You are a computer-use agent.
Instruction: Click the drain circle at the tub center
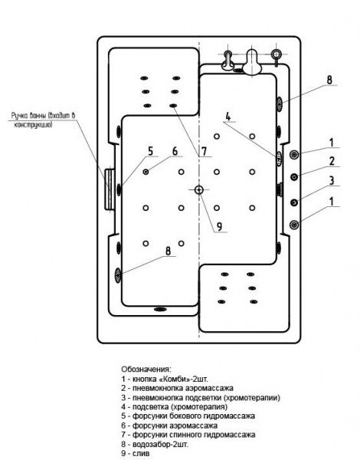pos(199,190)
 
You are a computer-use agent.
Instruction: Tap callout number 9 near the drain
pos(219,226)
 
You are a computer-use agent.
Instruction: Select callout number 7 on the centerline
pos(204,151)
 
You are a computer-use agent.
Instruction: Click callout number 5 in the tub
pos(150,151)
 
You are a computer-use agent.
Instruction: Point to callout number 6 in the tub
pos(175,151)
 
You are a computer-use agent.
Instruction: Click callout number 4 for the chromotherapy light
pos(228,117)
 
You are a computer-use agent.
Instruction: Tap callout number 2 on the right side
pos(332,161)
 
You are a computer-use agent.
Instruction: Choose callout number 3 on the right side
pos(332,180)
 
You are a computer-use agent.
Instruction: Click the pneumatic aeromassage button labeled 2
pos(294,176)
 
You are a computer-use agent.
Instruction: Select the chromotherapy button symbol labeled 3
pos(294,202)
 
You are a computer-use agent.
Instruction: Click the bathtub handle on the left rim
pos(110,189)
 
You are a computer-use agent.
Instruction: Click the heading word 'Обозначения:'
pos(146,369)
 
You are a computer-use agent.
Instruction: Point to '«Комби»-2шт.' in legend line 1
pos(183,379)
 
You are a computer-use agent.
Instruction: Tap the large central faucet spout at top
pos(254,62)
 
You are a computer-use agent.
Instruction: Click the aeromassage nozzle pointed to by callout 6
pos(146,172)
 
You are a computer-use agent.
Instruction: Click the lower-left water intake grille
pos(118,275)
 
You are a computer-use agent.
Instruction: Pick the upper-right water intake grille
pos(280,103)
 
